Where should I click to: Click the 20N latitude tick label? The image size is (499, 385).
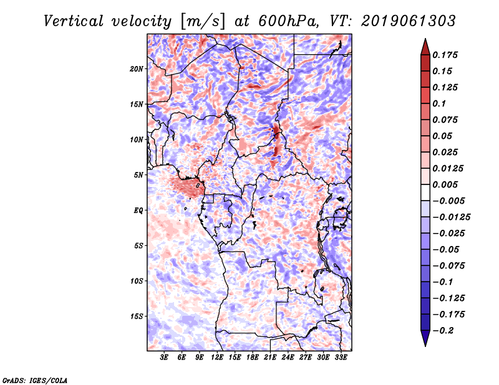[137, 69]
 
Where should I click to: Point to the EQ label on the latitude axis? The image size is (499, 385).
[138, 210]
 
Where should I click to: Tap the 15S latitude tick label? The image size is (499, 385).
[137, 316]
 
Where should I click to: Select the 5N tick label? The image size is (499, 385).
[138, 174]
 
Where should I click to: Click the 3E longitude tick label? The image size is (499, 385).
[165, 357]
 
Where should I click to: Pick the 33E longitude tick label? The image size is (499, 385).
[341, 357]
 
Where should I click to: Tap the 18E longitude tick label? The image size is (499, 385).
[253, 357]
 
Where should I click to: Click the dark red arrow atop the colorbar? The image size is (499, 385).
[425, 46]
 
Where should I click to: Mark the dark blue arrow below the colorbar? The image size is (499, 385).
[425, 338]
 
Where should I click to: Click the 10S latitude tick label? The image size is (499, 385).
[137, 280]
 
